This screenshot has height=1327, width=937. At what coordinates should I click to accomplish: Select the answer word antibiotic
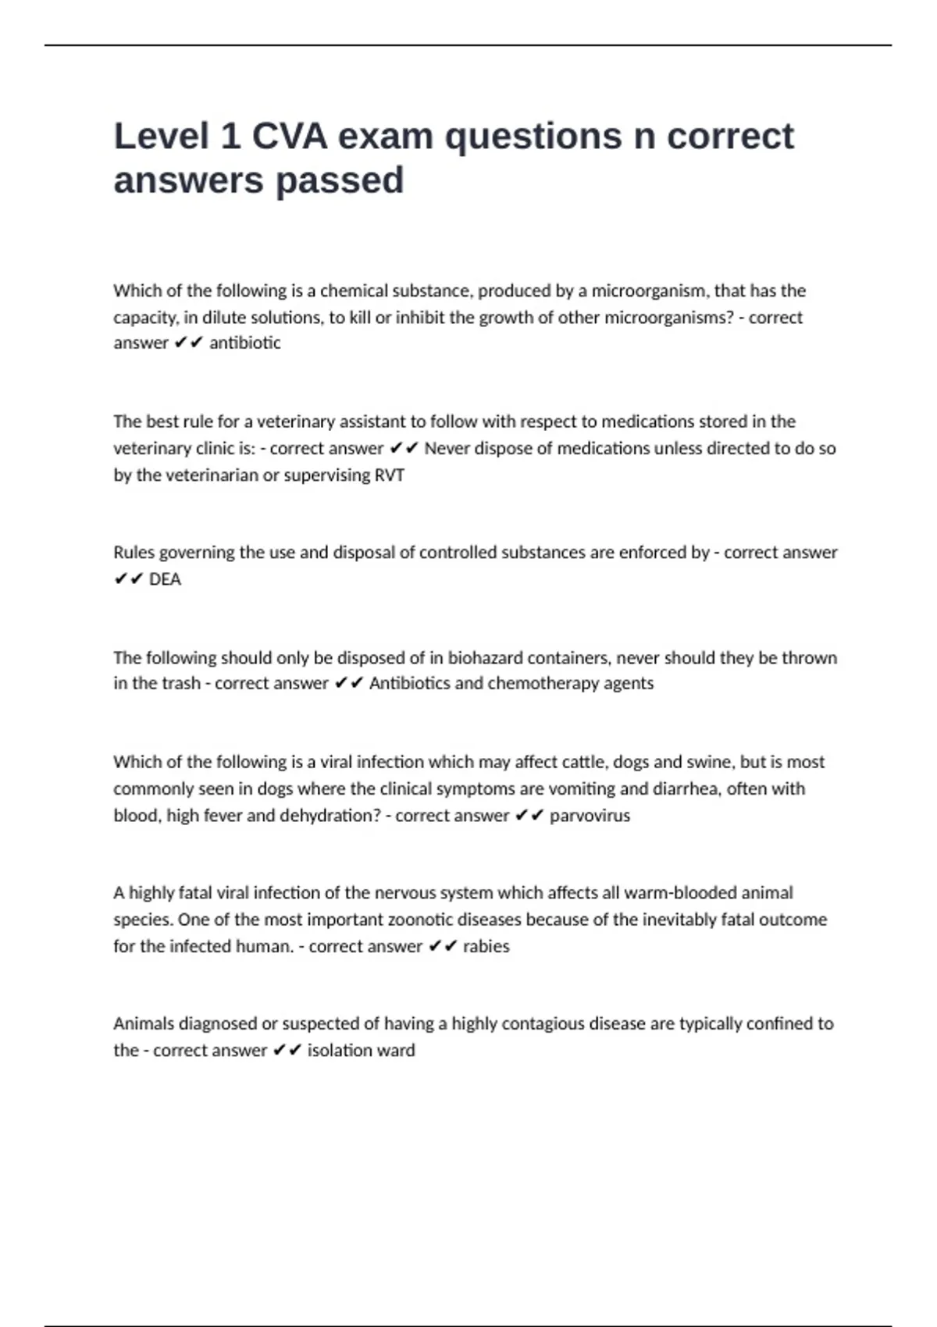245,343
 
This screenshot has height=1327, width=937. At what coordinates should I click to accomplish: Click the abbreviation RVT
390,475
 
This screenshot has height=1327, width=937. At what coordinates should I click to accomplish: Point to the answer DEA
165,579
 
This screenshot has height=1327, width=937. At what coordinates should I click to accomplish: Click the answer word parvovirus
590,816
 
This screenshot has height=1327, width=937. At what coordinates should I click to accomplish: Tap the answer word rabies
486,947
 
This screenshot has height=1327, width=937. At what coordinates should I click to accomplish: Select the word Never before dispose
447,449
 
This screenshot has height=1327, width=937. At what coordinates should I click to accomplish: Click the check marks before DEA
128,579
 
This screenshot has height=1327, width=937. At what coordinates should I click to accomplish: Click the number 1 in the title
230,137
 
